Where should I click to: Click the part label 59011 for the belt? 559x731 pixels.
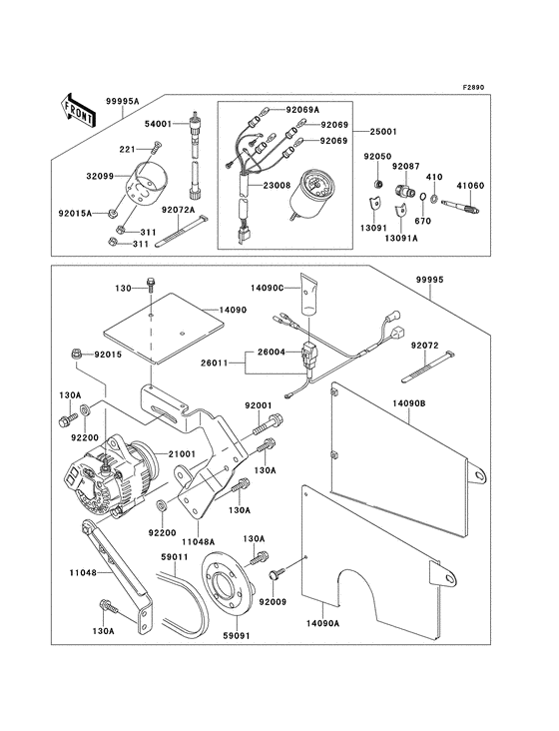pos(176,556)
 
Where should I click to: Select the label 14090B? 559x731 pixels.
pos(409,402)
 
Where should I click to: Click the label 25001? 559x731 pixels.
pos(383,132)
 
